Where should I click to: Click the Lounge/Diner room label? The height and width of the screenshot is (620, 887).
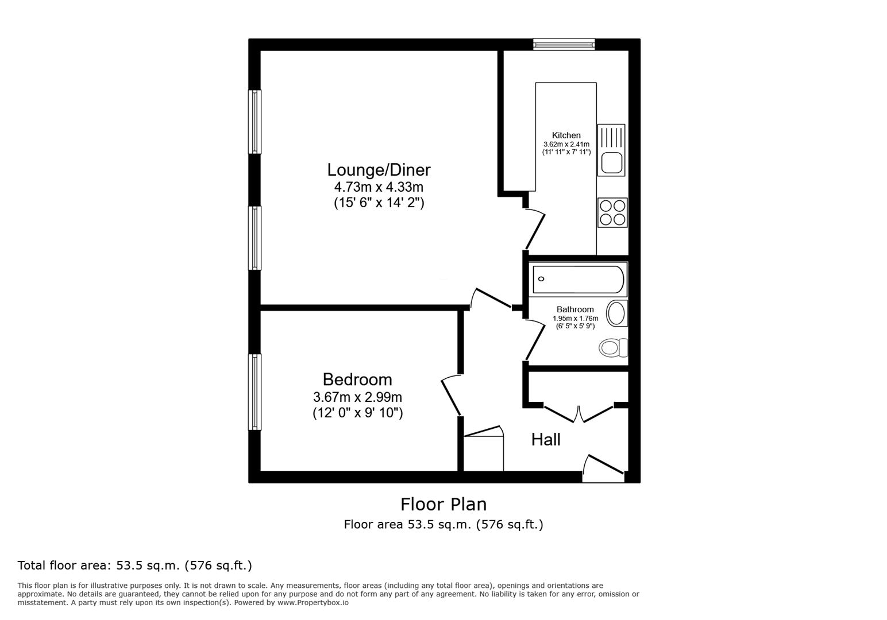coord(379,170)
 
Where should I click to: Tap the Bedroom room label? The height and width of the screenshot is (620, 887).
coord(357,379)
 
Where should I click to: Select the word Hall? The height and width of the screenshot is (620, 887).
coord(545,440)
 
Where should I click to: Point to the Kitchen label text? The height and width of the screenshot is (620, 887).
coord(566,135)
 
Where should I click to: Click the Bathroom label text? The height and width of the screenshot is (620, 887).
coord(574,309)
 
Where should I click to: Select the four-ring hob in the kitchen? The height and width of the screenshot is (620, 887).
coord(612,212)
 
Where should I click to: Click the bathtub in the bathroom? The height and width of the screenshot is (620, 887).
coord(578,279)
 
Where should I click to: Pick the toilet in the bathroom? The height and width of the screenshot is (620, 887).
coord(613,347)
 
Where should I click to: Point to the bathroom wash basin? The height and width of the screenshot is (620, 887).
coord(617,313)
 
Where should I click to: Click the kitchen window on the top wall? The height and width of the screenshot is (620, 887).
coord(564,44)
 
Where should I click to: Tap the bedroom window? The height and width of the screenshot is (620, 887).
coord(254,392)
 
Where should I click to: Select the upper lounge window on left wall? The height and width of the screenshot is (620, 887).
coord(254,122)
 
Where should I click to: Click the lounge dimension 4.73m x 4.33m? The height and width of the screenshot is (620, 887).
coord(379,187)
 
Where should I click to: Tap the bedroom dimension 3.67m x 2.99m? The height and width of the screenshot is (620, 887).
coord(357,397)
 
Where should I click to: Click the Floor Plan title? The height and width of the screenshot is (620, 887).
coord(443,504)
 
